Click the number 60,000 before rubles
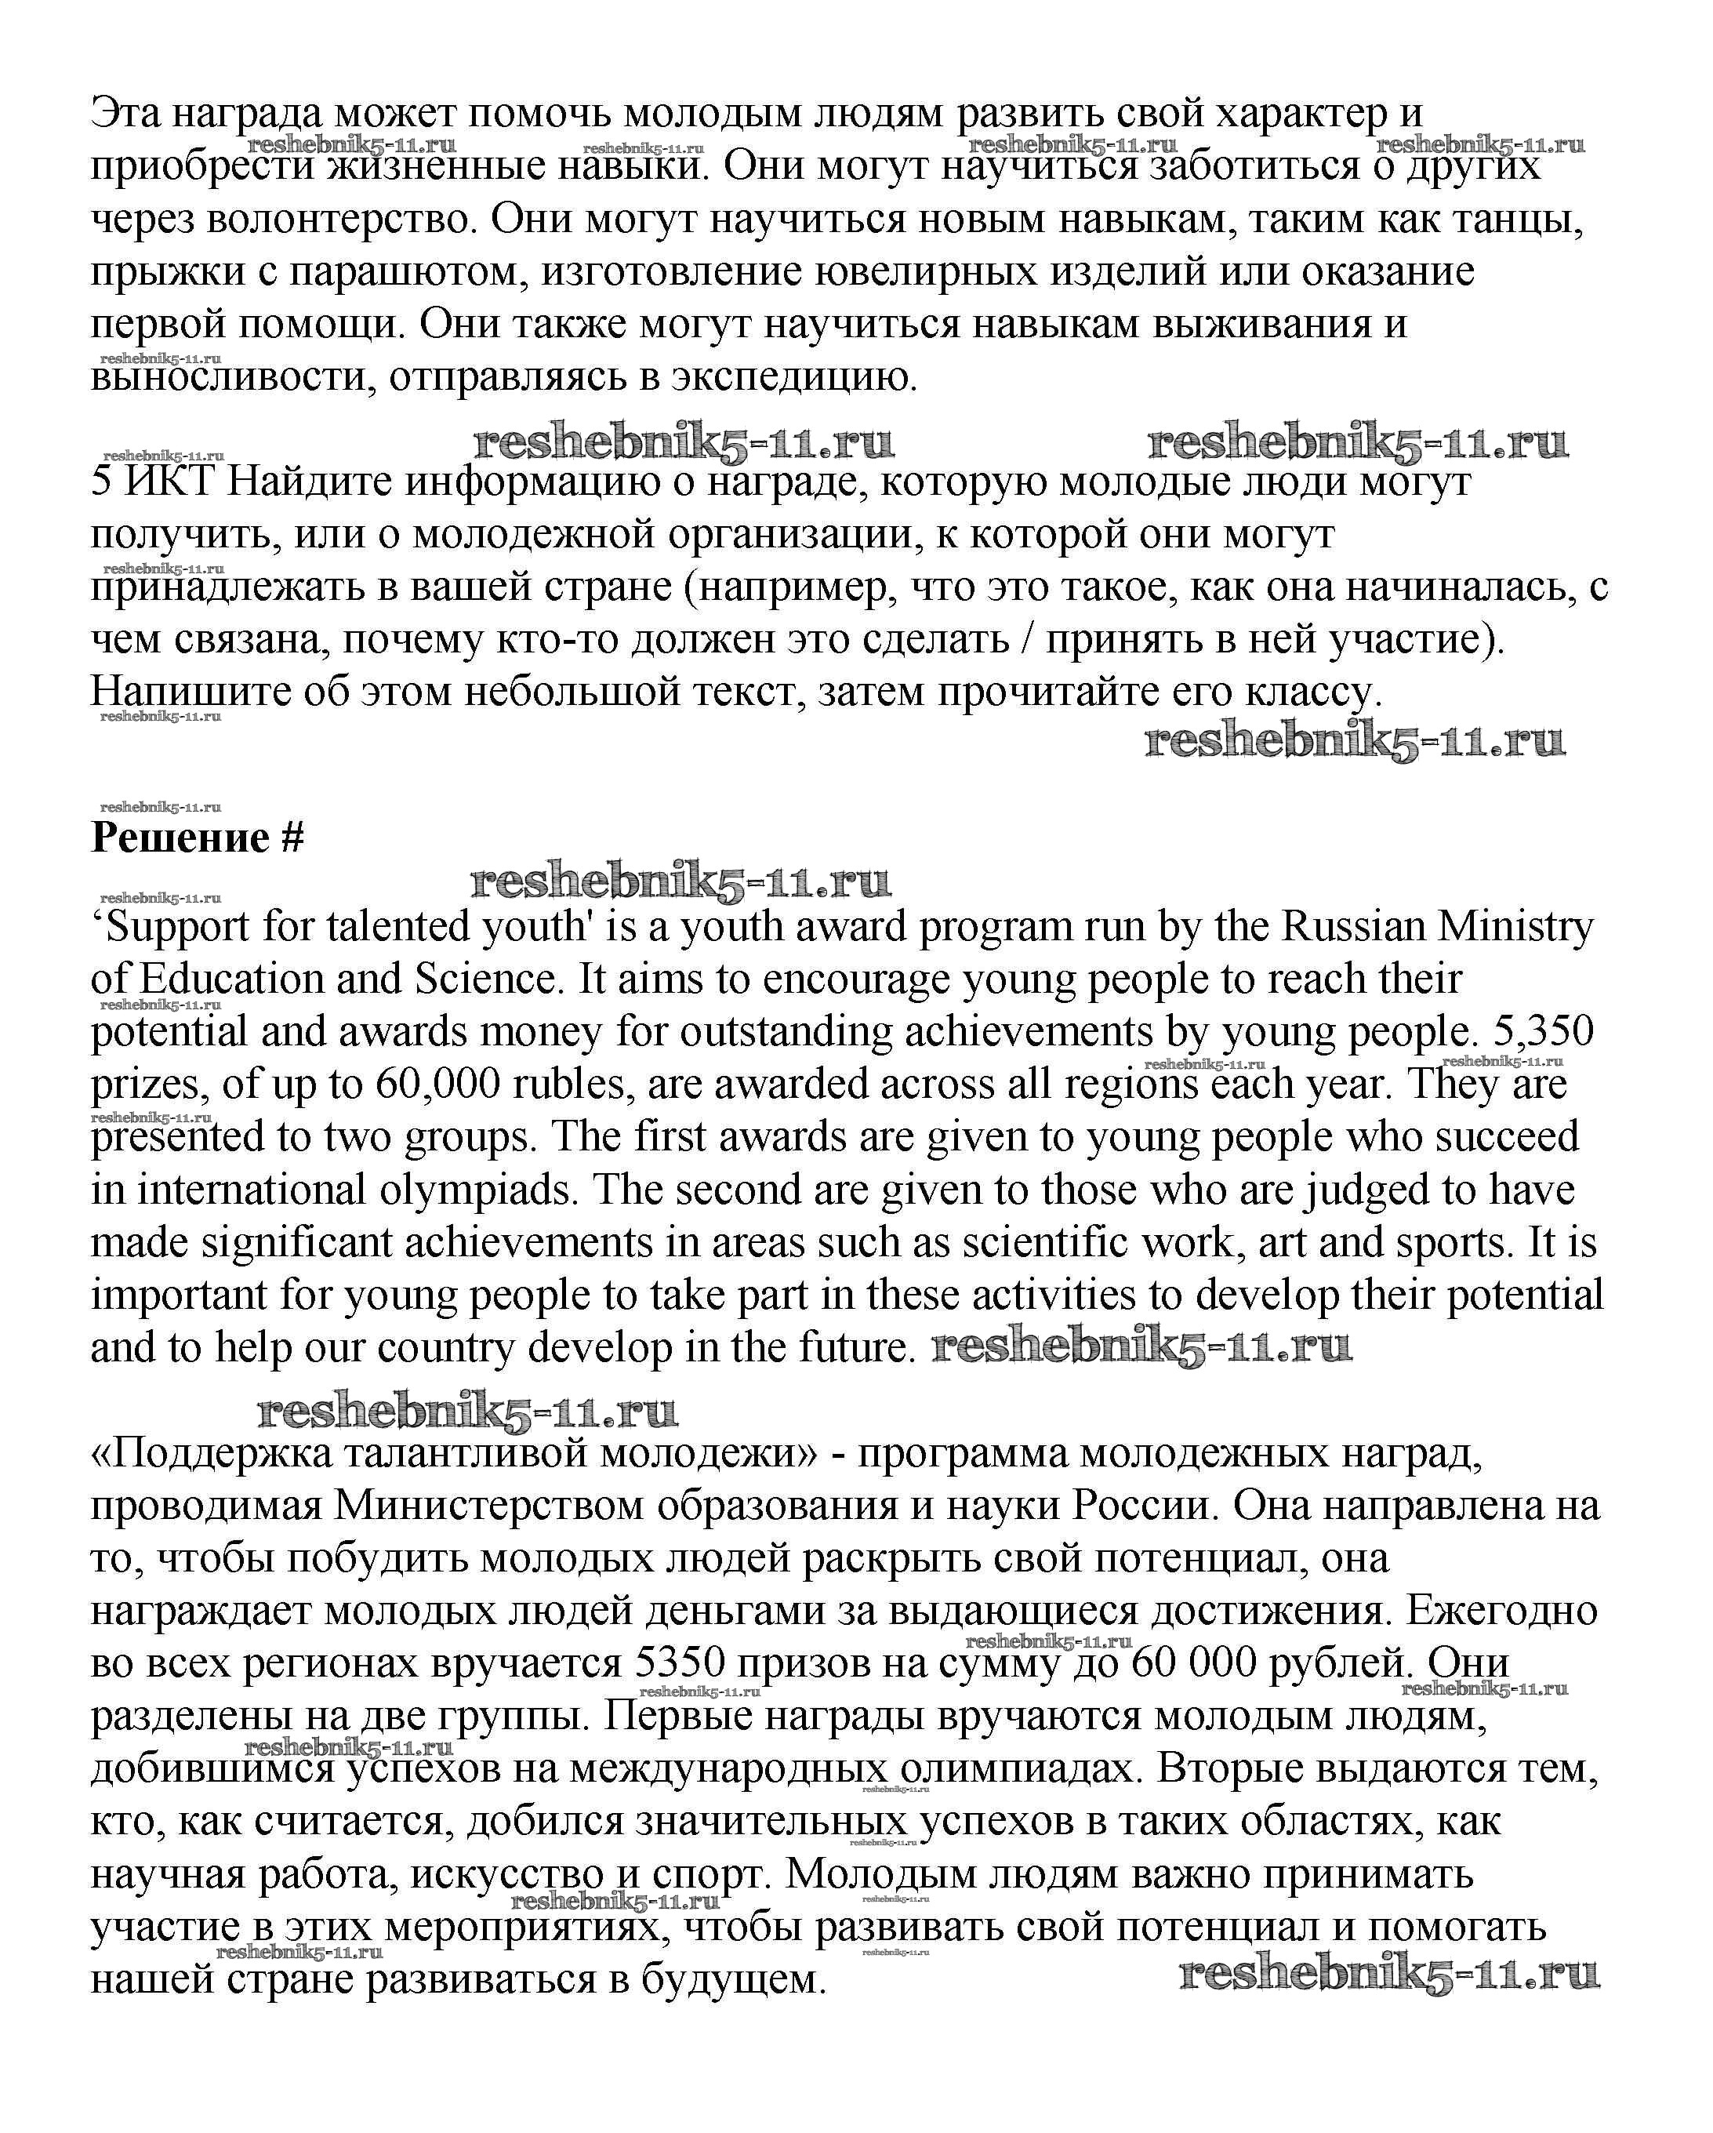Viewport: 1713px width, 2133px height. pos(439,1085)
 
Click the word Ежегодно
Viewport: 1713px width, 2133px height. pos(1501,1612)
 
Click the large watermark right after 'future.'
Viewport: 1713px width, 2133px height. pos(1141,1347)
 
